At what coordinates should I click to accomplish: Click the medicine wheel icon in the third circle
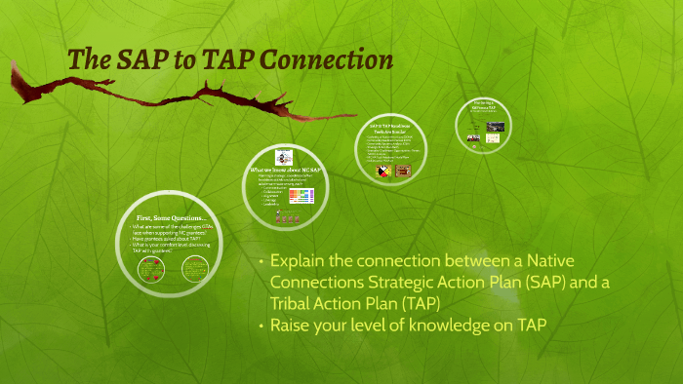tap(383, 172)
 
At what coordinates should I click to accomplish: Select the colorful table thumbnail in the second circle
tap(300, 196)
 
